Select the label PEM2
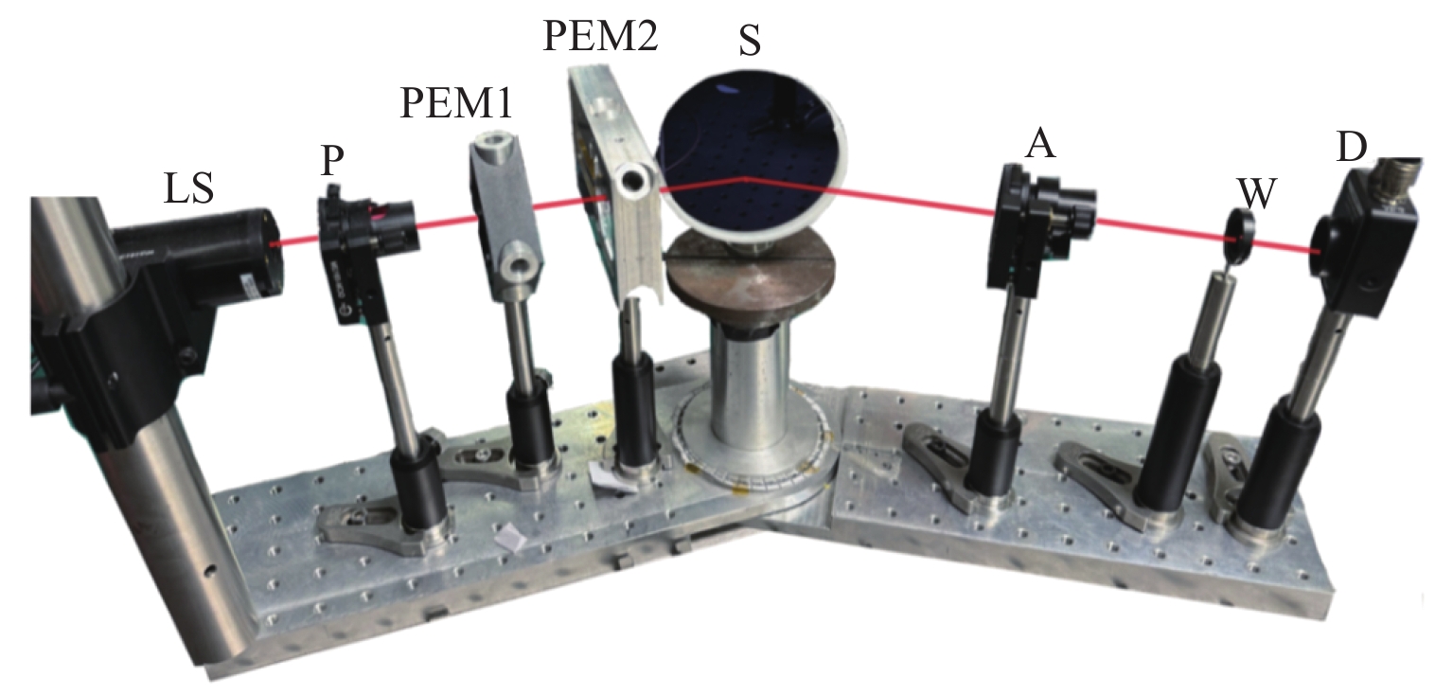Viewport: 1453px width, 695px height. pos(598,39)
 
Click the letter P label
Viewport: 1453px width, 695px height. pos(330,160)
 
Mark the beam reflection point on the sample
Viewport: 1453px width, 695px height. pos(745,177)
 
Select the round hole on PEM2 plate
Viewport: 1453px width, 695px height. pos(632,177)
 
